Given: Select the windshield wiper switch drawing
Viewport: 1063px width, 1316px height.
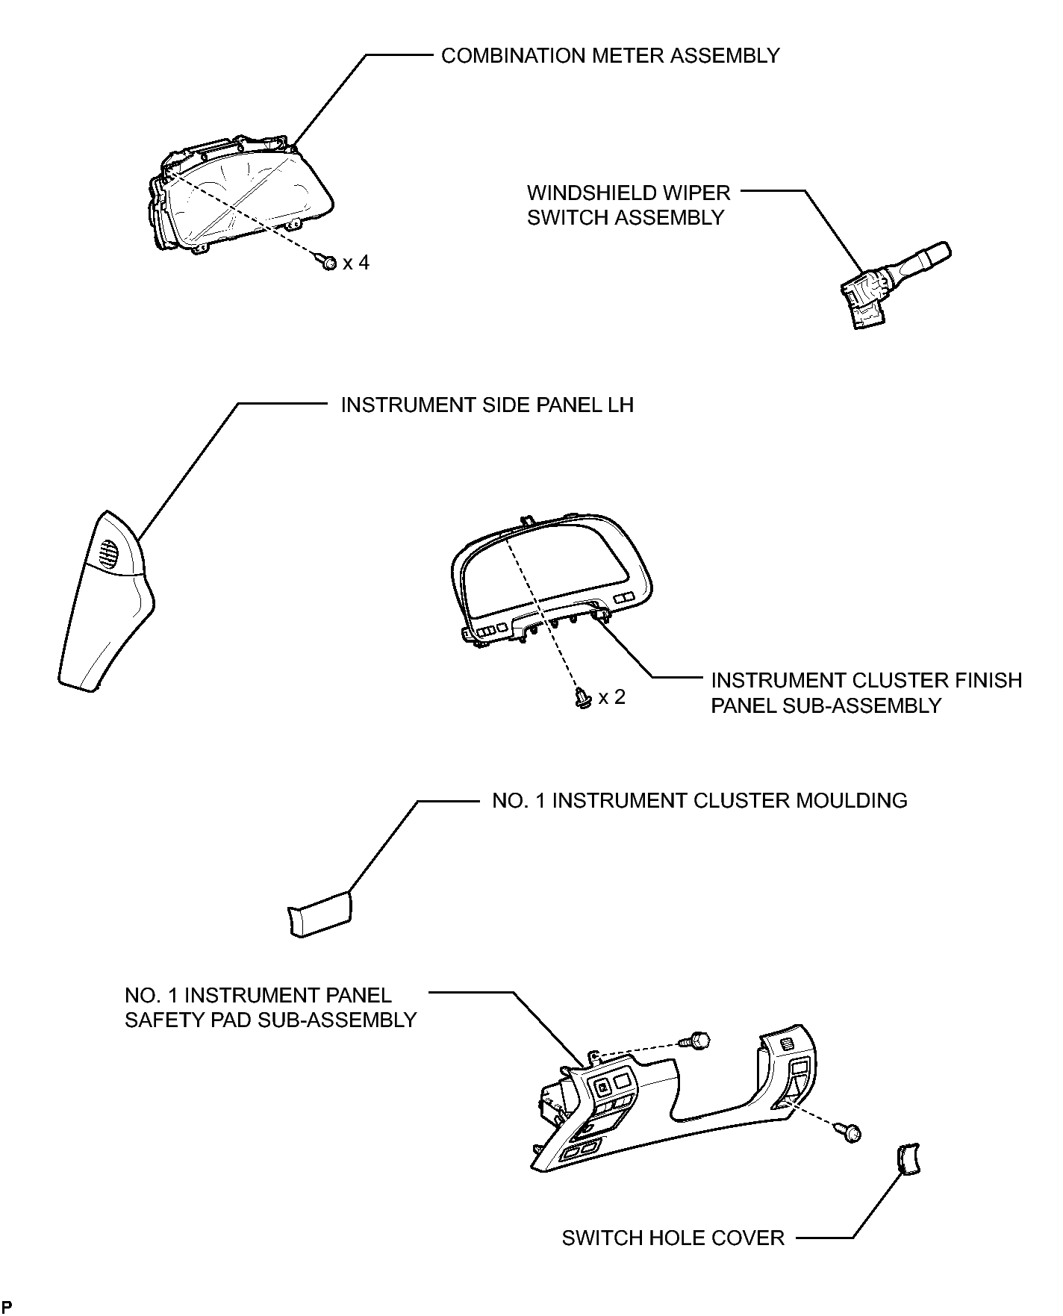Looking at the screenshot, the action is tap(894, 284).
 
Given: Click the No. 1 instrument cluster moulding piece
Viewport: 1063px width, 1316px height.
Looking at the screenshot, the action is tap(319, 914).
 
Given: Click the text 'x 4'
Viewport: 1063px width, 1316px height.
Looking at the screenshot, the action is tap(356, 263).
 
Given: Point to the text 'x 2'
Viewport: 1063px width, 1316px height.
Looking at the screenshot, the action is tap(612, 697).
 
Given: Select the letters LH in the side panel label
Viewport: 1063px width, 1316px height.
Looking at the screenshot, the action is tap(621, 405).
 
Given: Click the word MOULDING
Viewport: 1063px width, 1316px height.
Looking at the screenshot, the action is tap(852, 800).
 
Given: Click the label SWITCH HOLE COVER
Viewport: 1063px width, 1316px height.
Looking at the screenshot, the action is tap(673, 1238).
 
